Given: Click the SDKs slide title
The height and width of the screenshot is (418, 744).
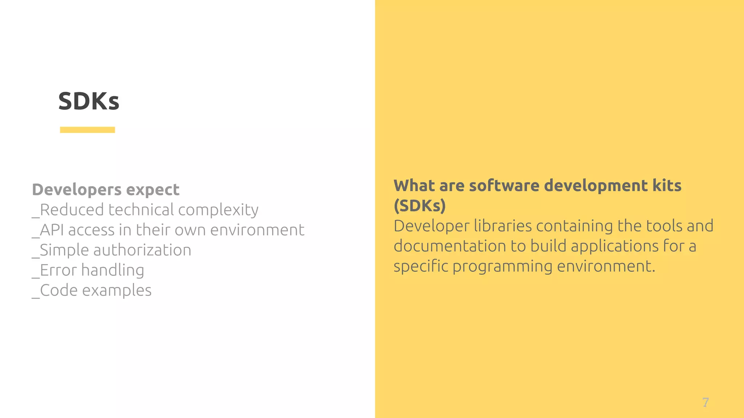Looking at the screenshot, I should click(x=89, y=101).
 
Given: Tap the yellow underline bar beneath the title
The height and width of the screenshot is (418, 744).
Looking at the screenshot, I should click(x=87, y=130).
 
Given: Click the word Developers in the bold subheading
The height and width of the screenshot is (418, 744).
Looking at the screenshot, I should click(x=77, y=190).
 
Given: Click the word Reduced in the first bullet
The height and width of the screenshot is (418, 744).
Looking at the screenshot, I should click(x=72, y=210).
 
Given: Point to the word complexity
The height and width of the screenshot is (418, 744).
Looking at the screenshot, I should click(x=218, y=210).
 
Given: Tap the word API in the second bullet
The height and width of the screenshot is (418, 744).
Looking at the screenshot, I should click(x=52, y=230).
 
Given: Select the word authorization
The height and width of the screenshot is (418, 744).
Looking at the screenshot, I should click(x=142, y=250).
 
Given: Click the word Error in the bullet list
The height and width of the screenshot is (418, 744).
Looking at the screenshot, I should click(x=58, y=270).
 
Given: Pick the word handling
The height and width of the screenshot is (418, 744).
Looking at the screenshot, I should click(x=113, y=270).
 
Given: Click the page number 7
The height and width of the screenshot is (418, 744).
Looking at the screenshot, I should click(x=705, y=402).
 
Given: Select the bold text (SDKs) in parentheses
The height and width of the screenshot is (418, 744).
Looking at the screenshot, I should click(x=420, y=206).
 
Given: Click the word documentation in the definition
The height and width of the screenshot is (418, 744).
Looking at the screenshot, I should click(x=450, y=246).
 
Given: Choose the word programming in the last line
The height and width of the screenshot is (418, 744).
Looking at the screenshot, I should click(x=502, y=266).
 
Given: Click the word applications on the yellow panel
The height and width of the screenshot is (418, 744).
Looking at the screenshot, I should click(x=614, y=246).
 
